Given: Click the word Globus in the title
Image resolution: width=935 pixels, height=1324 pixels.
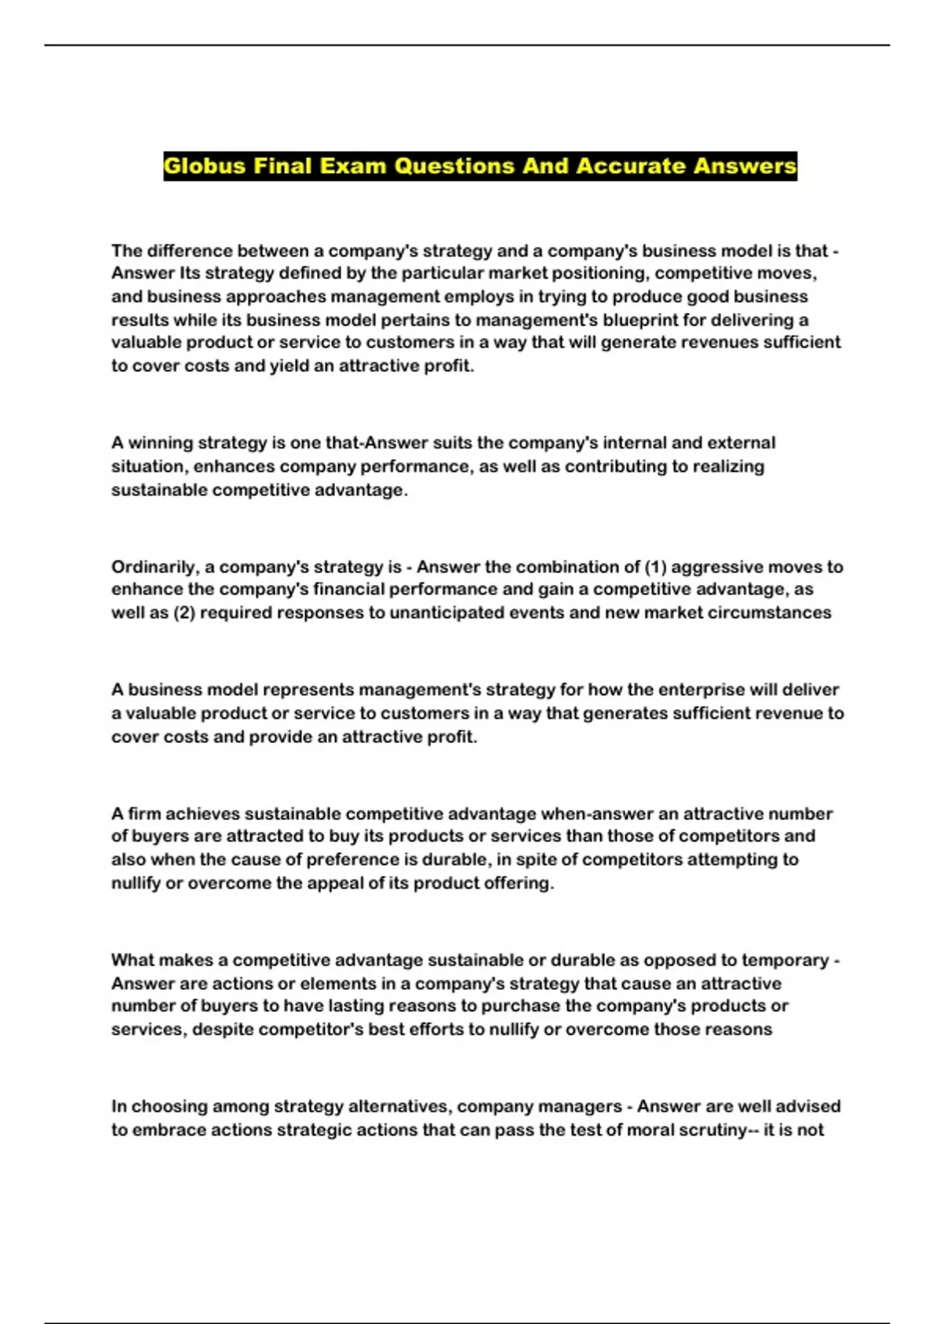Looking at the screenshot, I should coord(205,166).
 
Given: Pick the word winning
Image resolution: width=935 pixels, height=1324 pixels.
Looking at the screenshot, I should coord(160,443).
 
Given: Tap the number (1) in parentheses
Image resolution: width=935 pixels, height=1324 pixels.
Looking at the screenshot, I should coord(655,567).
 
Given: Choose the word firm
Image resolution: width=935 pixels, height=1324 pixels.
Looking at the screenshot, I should coord(144,814).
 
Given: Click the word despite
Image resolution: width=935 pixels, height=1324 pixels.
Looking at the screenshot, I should coord(223,1030).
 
